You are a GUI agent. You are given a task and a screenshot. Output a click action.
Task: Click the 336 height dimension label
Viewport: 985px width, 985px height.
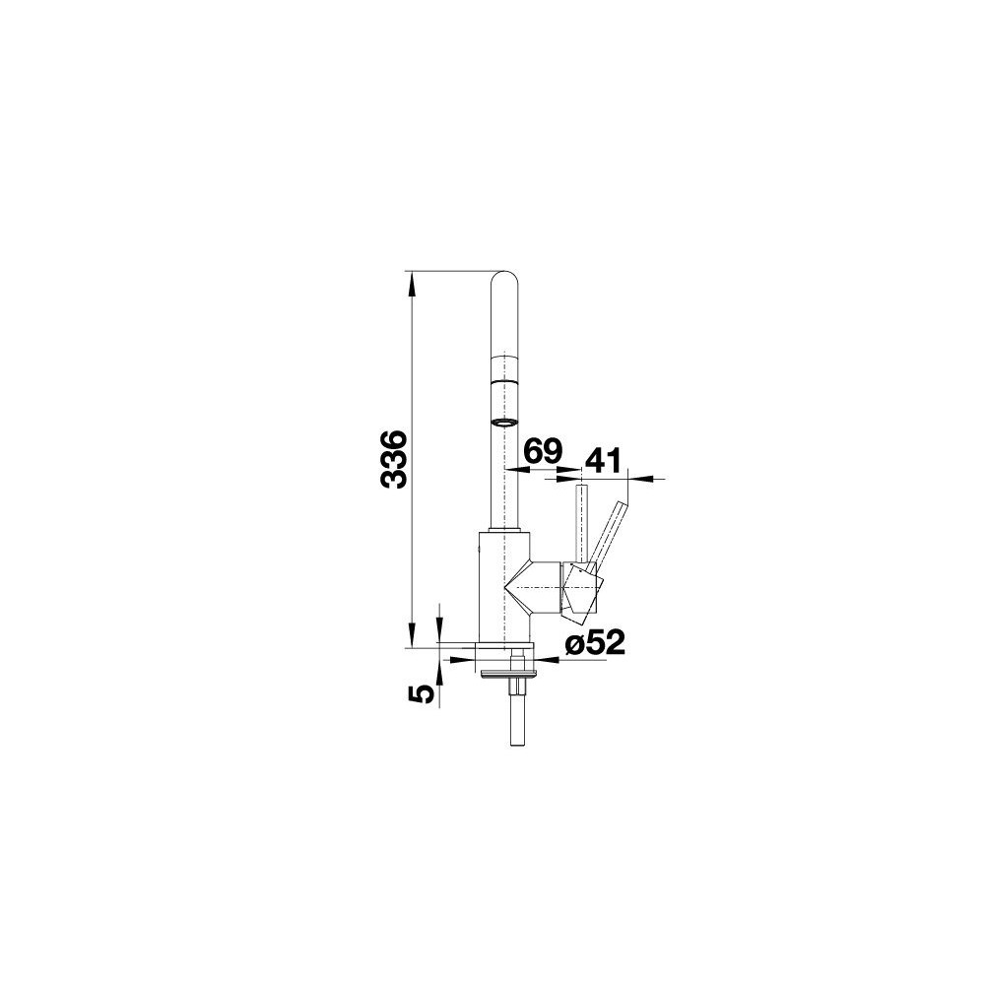(x=395, y=459)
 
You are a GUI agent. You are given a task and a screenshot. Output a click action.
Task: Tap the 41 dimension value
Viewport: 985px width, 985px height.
(x=603, y=460)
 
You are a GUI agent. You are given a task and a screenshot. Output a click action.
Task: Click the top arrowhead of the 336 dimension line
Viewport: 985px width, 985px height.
(x=412, y=285)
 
